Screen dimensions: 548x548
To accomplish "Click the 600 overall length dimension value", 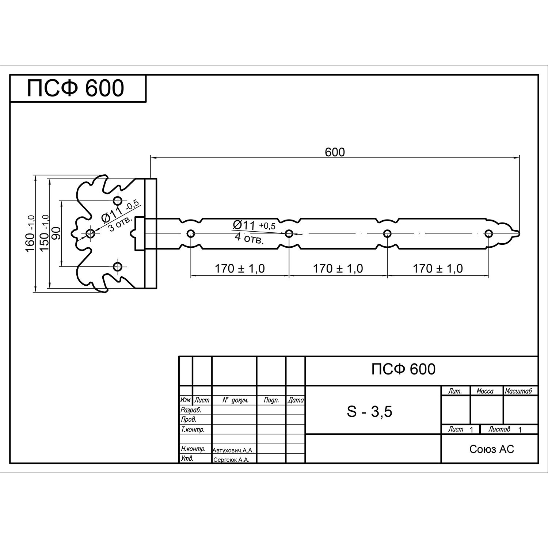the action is (x=335, y=152).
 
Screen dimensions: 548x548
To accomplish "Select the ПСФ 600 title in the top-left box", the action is (x=76, y=88).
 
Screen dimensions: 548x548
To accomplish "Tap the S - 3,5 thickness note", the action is (x=369, y=412).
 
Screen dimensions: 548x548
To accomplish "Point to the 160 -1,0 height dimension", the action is (x=30, y=234).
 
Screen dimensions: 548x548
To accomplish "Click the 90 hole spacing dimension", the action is (x=56, y=233).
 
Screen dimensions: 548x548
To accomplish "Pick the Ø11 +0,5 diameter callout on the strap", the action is (x=254, y=225).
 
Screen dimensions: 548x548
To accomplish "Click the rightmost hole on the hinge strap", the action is (x=488, y=234).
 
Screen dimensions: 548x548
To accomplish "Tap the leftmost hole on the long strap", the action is (x=190, y=234).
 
